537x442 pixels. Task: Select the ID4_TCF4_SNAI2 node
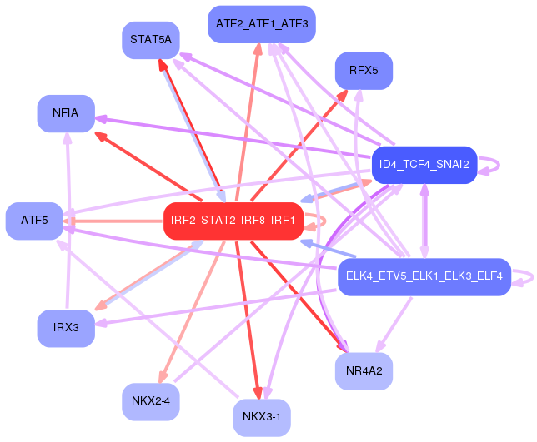click(424, 165)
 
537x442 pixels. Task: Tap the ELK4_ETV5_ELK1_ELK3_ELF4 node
click(424, 276)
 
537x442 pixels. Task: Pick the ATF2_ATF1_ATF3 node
click(261, 24)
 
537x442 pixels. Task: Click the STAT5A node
click(151, 39)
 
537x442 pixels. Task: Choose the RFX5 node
click(364, 71)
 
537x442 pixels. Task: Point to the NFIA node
click(65, 113)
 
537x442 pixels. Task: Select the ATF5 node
click(34, 221)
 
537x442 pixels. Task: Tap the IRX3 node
click(65, 327)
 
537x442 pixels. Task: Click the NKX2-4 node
click(150, 401)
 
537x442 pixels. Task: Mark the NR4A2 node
click(364, 370)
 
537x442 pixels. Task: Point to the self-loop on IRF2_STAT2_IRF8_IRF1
click(318, 221)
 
